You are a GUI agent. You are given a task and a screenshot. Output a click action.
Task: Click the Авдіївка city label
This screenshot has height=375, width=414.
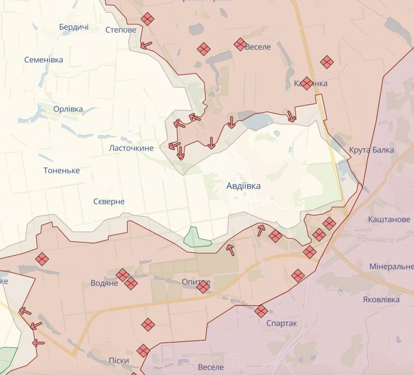pos(243,186)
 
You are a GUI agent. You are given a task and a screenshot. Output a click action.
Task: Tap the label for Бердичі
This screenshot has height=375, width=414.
pos(74,27)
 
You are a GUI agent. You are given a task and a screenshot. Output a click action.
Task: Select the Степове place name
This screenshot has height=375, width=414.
pos(121,30)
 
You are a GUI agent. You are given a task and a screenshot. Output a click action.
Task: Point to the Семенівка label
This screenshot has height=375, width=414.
pos(43,60)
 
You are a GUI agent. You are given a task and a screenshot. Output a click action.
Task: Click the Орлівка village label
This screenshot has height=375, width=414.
pos(68,109)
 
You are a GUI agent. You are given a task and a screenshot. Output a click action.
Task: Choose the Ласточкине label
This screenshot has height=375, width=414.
pos(131,148)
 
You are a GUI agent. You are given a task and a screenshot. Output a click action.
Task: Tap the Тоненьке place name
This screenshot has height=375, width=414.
pos(61,171)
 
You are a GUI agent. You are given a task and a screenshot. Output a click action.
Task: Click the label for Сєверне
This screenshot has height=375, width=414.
pos(109,202)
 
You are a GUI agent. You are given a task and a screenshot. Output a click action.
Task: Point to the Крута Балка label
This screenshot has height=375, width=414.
pos(371,150)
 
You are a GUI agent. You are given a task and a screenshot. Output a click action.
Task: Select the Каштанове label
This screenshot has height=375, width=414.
pos(389,220)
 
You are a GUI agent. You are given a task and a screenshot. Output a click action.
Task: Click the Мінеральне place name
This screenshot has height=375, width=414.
pos(391,267)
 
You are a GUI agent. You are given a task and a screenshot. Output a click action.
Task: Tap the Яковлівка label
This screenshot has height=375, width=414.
pos(381,300)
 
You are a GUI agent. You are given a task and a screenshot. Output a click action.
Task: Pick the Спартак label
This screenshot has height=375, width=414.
pos(282,324)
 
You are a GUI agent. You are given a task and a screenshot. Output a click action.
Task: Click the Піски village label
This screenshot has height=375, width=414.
pos(119,361)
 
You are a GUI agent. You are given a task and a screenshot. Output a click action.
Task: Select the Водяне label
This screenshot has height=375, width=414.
pos(104,283)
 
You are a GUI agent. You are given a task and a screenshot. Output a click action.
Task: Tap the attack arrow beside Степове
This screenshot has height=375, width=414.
pos(146,45)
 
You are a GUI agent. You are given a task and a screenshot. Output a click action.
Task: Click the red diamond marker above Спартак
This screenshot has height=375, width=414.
pos(261,311)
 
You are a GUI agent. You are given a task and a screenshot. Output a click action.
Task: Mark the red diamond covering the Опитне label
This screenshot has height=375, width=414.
pos(203,287)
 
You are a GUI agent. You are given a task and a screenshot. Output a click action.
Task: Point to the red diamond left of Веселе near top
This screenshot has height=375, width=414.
pos(239,44)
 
